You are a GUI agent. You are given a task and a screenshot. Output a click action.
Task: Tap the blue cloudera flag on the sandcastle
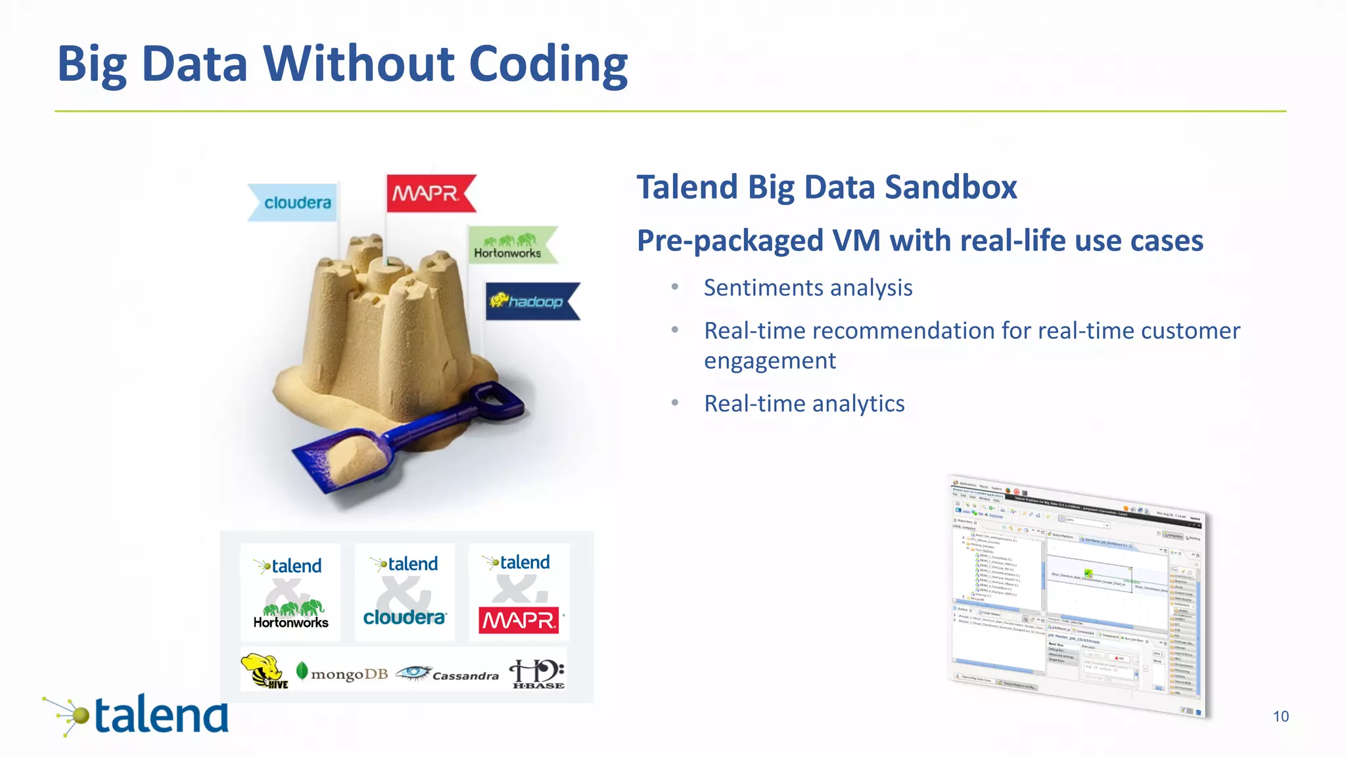coord(294,202)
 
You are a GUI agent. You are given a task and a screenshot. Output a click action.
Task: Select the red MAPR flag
coord(429,193)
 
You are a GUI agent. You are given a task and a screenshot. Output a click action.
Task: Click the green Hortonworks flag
coord(510,246)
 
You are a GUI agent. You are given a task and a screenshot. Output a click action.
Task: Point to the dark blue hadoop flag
coord(530,301)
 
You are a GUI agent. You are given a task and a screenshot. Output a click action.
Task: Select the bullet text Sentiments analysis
coord(808,288)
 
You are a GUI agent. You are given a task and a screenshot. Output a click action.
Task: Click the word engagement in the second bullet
coord(770,361)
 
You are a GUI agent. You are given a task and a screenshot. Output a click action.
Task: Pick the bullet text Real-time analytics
coord(804,403)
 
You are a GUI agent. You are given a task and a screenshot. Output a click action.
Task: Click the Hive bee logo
coord(264,670)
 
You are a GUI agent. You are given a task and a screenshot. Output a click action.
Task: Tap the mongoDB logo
coord(342,673)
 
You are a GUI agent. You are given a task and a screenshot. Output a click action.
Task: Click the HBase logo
coord(537,673)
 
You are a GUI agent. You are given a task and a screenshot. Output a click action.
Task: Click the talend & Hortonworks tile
coord(290,592)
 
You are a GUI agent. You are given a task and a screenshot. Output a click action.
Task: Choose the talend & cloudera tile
coord(405,592)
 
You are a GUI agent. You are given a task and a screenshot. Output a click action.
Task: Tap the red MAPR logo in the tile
coord(519,620)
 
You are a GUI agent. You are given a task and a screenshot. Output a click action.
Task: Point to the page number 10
coord(1280,716)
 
